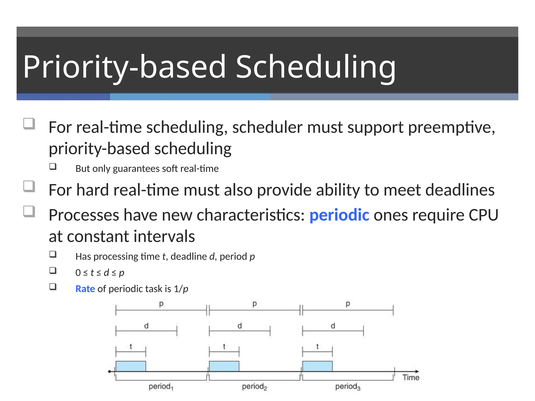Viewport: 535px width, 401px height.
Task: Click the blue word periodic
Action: [x=339, y=215]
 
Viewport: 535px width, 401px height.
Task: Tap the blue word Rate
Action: [x=85, y=289]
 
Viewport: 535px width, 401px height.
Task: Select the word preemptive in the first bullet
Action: [x=451, y=127]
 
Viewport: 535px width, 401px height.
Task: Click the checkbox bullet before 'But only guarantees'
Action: [x=53, y=167]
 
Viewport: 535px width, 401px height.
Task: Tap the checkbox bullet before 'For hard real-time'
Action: [x=29, y=186]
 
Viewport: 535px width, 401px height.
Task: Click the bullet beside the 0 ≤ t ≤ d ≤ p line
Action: [x=53, y=270]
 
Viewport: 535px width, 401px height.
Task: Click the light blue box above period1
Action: [x=131, y=366]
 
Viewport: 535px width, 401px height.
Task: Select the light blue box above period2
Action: [x=224, y=366]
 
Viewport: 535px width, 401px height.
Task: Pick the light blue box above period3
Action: [x=317, y=366]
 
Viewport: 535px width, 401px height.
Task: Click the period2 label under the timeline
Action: [x=254, y=386]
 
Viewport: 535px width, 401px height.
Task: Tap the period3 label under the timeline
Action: [x=347, y=386]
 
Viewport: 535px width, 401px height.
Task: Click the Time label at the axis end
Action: [x=411, y=378]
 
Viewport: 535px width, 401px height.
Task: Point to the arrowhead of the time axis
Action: [x=417, y=371]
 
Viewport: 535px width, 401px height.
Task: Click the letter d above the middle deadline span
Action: [x=240, y=326]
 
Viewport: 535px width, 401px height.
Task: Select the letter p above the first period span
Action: [x=161, y=304]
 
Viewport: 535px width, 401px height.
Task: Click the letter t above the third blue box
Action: [x=317, y=346]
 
